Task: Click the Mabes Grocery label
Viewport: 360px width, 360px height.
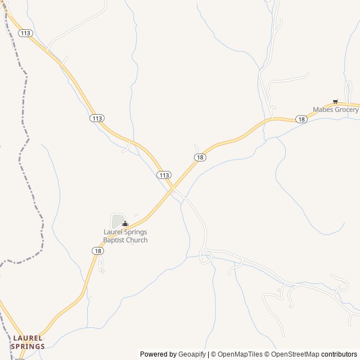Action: (335, 110)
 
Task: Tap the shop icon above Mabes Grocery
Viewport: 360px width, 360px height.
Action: (335, 102)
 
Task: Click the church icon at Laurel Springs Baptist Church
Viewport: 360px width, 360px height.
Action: (125, 224)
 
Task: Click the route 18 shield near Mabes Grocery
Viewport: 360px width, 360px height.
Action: (301, 119)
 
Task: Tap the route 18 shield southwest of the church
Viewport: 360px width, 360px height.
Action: (98, 251)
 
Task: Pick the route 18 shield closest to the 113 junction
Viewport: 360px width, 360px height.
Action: (200, 157)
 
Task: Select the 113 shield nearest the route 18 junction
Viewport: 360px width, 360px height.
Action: (164, 175)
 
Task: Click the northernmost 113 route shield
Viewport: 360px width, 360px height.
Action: (25, 34)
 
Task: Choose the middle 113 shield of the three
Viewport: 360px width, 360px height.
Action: (97, 118)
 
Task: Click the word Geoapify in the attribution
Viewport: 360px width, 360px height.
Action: (192, 354)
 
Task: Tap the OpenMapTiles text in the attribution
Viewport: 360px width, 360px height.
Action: (240, 354)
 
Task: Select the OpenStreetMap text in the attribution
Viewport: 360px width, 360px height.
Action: (295, 354)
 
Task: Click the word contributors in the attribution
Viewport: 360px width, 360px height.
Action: (339, 354)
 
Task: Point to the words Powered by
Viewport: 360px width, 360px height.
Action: (158, 354)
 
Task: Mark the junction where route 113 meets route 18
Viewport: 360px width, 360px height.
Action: (173, 189)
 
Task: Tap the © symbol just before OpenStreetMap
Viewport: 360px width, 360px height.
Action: (268, 354)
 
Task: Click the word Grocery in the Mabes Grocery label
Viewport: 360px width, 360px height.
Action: (345, 110)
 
